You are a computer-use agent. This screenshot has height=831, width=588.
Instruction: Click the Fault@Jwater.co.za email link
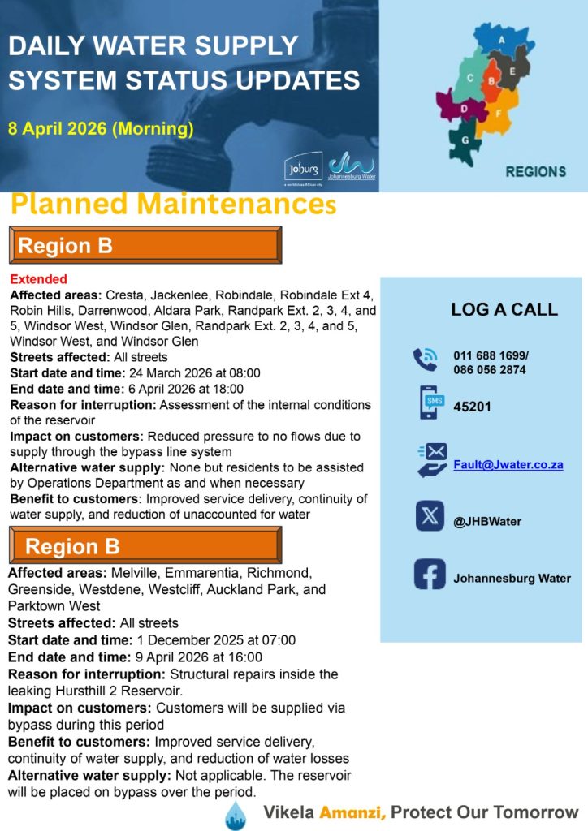point(508,465)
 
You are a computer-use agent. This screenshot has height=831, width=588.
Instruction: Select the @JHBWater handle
point(487,522)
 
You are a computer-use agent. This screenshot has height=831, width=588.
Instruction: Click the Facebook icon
point(430,575)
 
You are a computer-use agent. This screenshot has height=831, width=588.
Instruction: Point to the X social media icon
point(430,516)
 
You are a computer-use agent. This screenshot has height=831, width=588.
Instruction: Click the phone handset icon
point(425,359)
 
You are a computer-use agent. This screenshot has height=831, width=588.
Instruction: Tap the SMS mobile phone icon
point(430,403)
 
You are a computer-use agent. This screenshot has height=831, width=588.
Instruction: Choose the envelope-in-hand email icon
point(431,459)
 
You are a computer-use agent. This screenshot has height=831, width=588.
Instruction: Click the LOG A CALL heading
point(504,309)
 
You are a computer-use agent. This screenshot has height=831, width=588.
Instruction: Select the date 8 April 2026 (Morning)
point(101,127)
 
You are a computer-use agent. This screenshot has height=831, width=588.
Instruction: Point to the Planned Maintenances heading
point(172,204)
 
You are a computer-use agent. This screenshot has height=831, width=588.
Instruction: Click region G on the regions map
point(465,140)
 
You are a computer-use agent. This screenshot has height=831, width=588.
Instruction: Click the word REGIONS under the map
point(535,171)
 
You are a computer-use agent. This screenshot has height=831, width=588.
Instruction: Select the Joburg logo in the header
point(298,169)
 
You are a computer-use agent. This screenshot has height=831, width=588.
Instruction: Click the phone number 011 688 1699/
point(491,355)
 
